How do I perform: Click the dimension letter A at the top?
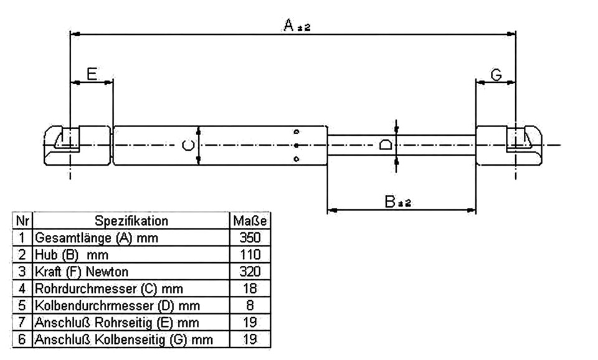288,25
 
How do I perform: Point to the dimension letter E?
92,73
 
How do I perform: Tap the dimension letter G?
496,75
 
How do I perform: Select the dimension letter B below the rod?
390,201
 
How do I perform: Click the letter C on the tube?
187,145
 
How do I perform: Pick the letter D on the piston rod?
386,145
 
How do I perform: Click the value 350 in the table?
250,237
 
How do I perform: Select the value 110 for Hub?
250,254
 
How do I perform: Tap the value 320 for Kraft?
250,272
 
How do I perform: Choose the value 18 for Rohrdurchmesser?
250,288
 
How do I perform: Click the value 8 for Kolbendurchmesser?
250,305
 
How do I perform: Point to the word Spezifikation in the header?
131,221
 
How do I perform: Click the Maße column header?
250,221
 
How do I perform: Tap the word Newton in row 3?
107,272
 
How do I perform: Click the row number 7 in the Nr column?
22,322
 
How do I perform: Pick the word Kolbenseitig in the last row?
130,339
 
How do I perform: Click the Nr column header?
22,221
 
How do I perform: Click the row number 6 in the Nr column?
22,339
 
